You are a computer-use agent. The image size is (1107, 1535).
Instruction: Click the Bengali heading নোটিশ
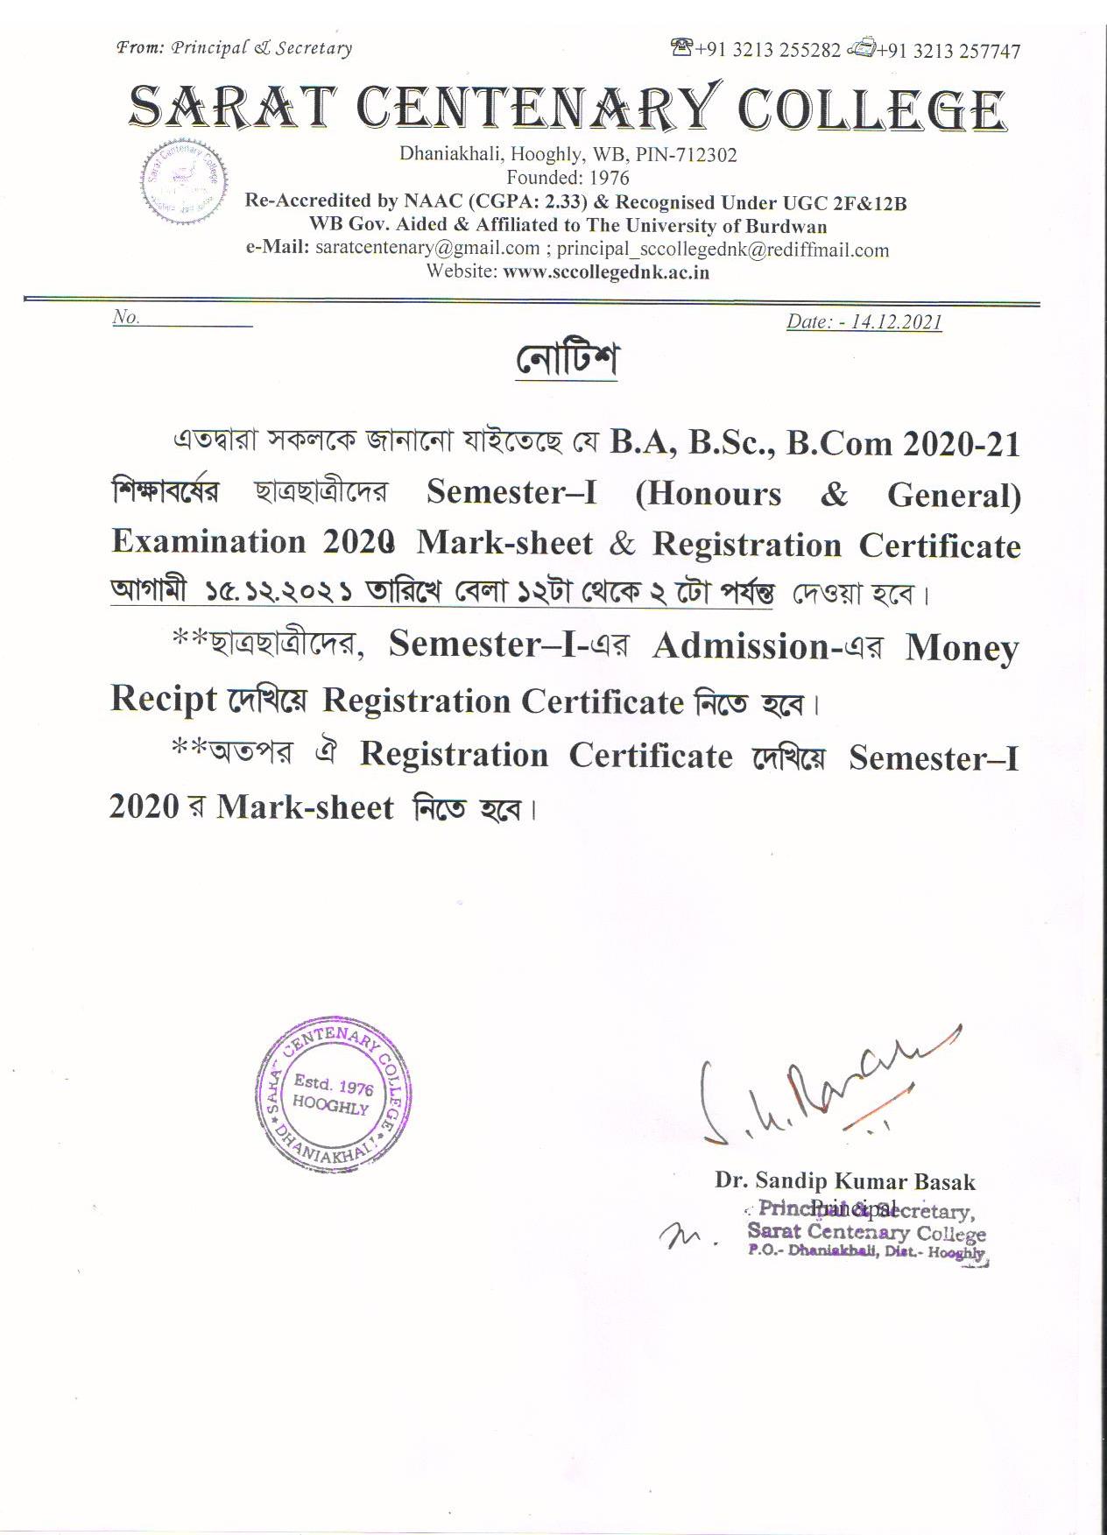click(x=567, y=360)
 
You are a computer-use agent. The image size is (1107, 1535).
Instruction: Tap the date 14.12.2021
click(x=895, y=321)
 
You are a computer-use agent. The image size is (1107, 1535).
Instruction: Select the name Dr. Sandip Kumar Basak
click(x=844, y=1181)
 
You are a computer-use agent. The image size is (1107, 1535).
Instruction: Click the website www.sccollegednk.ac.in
click(x=606, y=271)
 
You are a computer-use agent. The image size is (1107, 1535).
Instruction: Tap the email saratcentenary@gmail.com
click(x=427, y=248)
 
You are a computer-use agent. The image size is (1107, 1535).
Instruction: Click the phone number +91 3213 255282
click(x=767, y=50)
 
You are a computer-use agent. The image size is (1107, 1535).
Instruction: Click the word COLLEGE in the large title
click(x=871, y=110)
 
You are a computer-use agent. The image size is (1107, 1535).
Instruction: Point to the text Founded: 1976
click(x=568, y=178)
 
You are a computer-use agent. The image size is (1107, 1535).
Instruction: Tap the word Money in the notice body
click(x=962, y=648)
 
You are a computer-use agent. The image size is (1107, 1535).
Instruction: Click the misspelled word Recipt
click(x=163, y=699)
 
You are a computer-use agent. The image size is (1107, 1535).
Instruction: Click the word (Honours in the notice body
click(x=709, y=494)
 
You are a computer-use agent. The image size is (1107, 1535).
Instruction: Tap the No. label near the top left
click(x=126, y=317)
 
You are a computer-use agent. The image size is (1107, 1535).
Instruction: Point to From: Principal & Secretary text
click(x=235, y=48)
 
